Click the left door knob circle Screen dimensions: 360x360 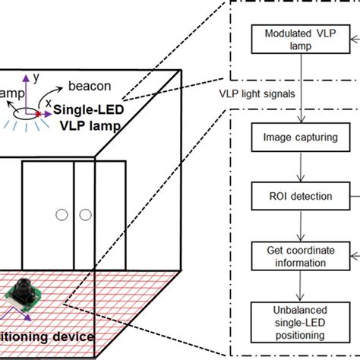coord(60,216)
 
